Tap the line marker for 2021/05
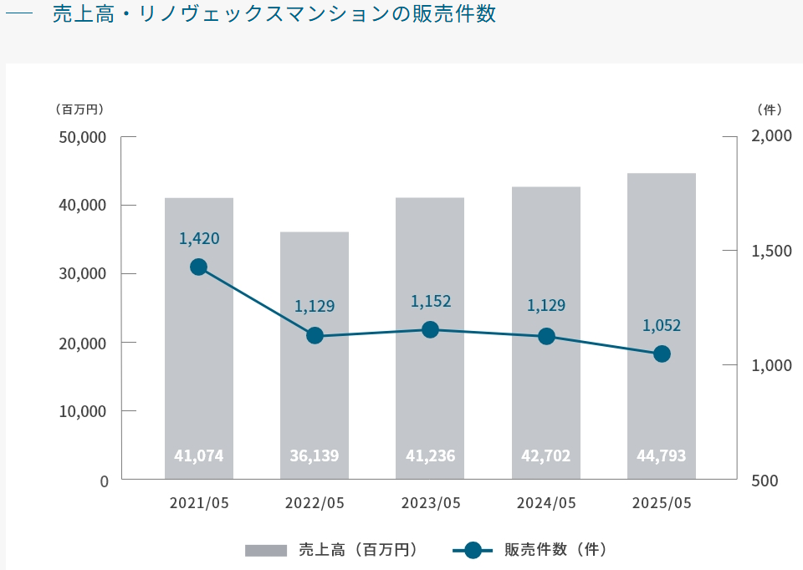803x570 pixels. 198,267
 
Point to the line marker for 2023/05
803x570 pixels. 431,329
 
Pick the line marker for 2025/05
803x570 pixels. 662,354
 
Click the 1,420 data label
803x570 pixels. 199,239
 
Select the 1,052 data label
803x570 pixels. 662,326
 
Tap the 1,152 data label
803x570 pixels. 431,302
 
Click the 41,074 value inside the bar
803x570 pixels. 198,455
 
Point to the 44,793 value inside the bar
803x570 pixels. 662,455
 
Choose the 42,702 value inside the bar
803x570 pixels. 546,455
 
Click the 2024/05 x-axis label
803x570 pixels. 546,503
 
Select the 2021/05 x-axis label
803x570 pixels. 198,503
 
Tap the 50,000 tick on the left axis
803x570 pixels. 82,137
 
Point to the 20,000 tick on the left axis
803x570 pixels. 82,343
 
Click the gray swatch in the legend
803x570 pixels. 266,550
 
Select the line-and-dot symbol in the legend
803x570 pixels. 473,550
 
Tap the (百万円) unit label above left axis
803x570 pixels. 79,109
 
